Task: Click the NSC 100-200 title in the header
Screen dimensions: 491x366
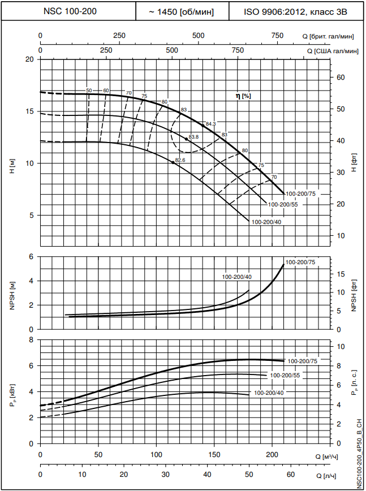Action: (x=70, y=11)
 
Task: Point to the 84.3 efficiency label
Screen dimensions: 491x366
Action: (x=211, y=124)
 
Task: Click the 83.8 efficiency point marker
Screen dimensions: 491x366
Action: (x=187, y=139)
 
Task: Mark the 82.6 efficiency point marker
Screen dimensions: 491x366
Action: (x=173, y=162)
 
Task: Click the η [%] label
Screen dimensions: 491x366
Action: (x=243, y=96)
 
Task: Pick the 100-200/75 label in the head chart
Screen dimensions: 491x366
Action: (x=300, y=194)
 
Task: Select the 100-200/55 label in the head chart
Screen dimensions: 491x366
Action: (x=282, y=204)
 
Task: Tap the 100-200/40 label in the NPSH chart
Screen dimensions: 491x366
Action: (x=237, y=277)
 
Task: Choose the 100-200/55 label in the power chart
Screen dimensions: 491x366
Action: (x=285, y=375)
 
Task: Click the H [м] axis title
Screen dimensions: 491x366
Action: (x=12, y=165)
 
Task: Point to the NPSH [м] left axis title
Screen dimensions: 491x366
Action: (x=12, y=292)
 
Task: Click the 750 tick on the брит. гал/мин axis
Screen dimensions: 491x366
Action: (x=278, y=36)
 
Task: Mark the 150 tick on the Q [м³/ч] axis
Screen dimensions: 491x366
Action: (x=214, y=455)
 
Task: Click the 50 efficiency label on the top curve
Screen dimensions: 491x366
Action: (x=89, y=91)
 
